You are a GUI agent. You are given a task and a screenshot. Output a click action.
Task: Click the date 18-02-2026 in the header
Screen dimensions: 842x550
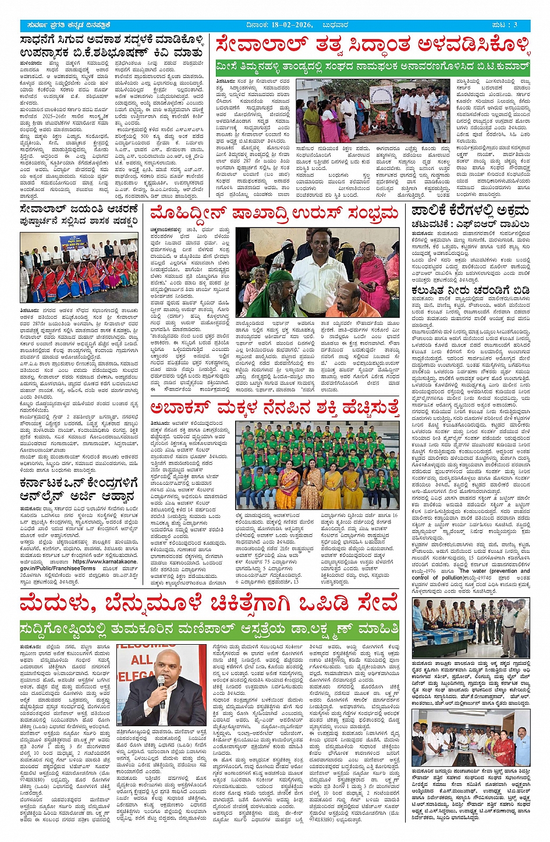[x=294, y=25]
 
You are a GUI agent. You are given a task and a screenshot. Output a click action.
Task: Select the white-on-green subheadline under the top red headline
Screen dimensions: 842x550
[x=372, y=66]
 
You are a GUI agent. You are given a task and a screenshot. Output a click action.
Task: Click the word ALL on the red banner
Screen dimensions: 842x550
[x=142, y=660]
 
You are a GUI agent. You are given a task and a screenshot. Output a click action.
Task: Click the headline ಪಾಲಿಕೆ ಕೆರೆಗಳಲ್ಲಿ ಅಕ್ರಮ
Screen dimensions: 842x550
[x=470, y=211]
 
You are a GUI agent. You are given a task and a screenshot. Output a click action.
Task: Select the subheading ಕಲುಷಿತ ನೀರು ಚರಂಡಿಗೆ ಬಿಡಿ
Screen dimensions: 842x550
[x=470, y=290]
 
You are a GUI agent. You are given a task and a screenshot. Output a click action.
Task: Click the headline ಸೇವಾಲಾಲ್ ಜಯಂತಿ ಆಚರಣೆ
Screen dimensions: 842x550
[x=79, y=209]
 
